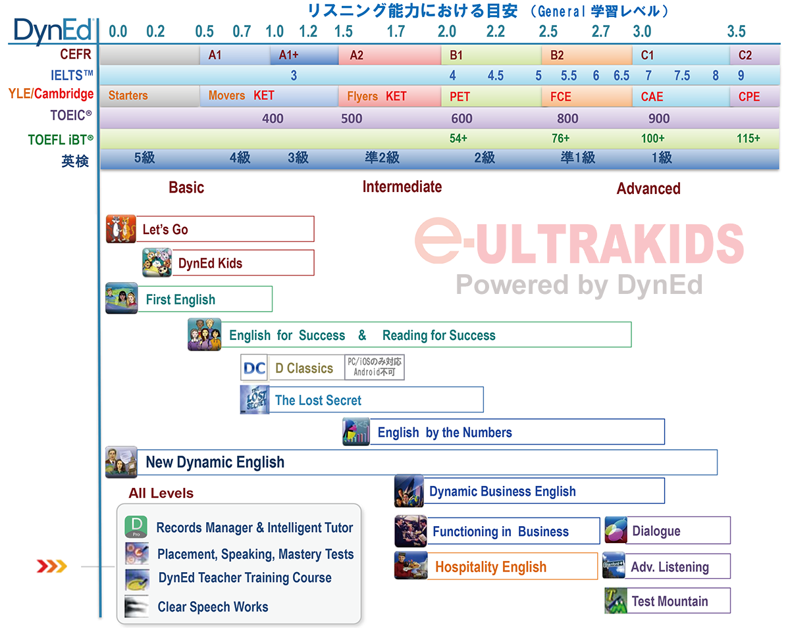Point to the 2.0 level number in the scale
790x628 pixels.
[x=446, y=32]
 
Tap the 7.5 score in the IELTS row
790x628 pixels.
[x=682, y=76]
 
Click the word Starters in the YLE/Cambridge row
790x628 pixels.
[x=128, y=95]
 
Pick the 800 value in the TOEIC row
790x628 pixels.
[x=567, y=118]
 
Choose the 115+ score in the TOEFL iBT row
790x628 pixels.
[x=748, y=138]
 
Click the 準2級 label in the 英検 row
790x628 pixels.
[x=382, y=158]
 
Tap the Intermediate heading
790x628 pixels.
[x=402, y=187]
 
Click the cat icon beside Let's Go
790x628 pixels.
[x=120, y=229]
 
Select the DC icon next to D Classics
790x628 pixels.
[x=254, y=368]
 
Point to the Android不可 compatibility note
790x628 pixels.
[x=374, y=372]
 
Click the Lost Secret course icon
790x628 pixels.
[x=255, y=399]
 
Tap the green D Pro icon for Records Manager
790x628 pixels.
[x=136, y=526]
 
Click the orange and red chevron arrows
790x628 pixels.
[x=52, y=566]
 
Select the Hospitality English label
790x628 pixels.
[x=491, y=567]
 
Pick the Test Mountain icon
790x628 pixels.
[x=616, y=600]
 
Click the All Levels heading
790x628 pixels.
[x=161, y=493]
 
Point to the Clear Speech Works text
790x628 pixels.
[x=213, y=607]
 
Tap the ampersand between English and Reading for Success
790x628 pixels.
[x=362, y=335]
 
